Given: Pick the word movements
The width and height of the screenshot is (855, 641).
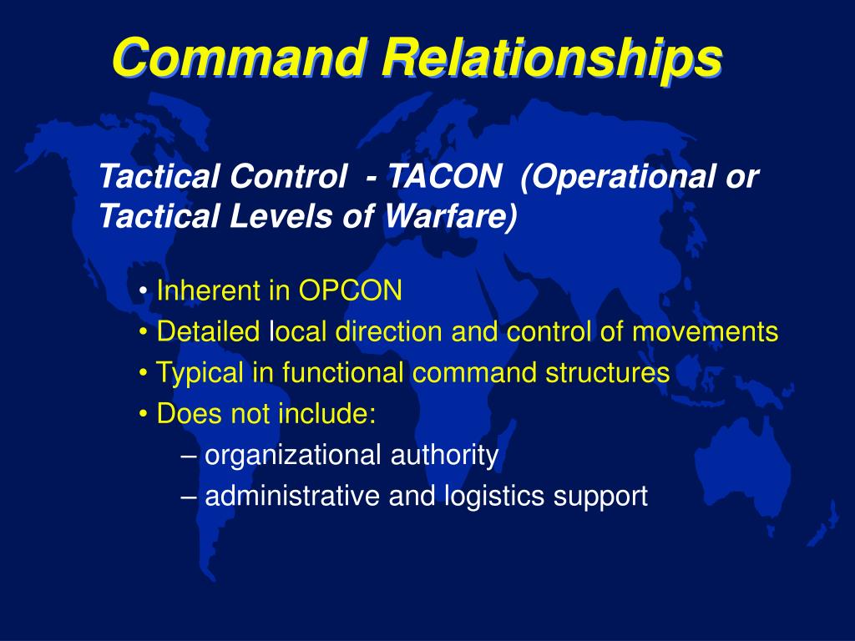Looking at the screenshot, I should coord(705,332).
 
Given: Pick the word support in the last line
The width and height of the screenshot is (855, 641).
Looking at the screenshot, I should coord(600,496).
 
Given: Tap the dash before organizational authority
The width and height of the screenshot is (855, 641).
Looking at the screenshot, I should coord(189,455).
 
